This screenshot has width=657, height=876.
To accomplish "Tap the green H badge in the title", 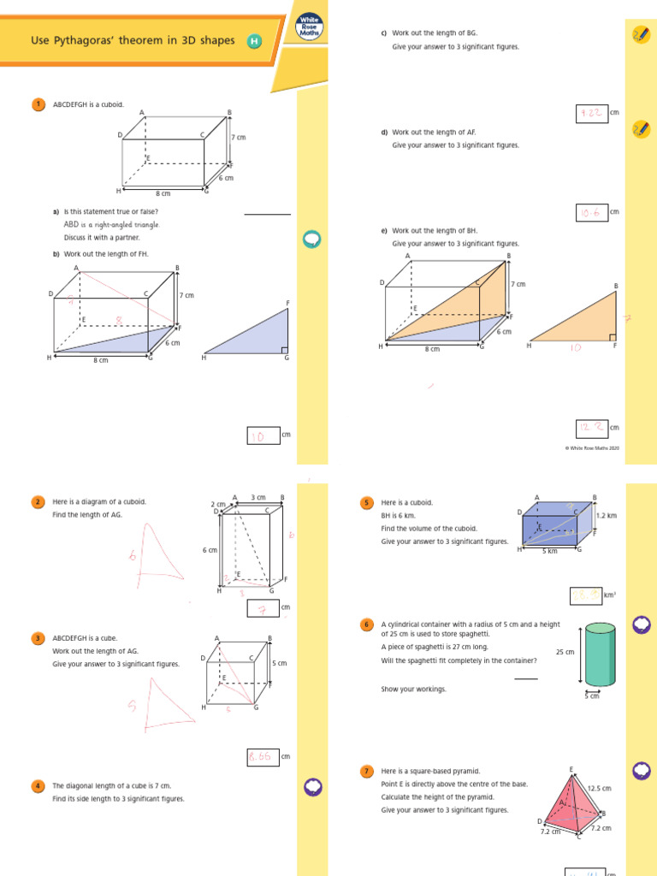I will pyautogui.click(x=253, y=41).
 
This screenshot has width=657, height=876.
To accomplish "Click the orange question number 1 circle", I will pyautogui.click(x=38, y=104).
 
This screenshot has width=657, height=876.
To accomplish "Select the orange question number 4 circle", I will pyautogui.click(x=38, y=785).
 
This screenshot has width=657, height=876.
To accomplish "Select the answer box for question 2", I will pyautogui.click(x=263, y=608).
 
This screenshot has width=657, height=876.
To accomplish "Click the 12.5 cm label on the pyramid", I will pyautogui.click(x=600, y=788).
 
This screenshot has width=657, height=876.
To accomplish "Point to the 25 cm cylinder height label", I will pyautogui.click(x=565, y=652).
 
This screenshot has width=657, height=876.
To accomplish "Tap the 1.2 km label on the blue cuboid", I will pyautogui.click(x=606, y=516).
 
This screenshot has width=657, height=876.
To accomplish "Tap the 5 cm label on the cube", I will pyautogui.click(x=278, y=663).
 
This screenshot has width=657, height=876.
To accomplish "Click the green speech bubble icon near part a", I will pyautogui.click(x=311, y=240).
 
